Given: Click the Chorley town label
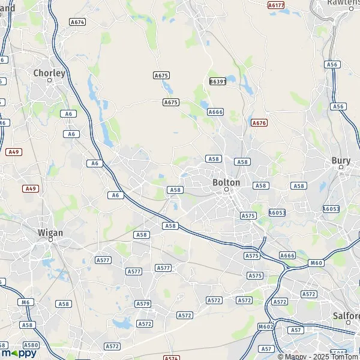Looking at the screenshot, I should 49,73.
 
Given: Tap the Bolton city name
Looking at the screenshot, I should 226,182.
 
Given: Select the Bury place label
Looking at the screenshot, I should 340,161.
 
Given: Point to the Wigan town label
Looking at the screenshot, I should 50,232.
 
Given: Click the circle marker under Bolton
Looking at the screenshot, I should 227,190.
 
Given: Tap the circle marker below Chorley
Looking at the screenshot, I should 50,80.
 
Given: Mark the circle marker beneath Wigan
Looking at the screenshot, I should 51,239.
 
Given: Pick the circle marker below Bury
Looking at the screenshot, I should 341,168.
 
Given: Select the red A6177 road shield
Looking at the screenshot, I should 276,5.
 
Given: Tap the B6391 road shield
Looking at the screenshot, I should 218,81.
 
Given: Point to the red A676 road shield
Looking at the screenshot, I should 259,123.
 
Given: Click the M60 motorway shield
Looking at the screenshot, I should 316,263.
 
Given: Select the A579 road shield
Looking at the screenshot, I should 143,304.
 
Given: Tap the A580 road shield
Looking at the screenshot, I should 31,345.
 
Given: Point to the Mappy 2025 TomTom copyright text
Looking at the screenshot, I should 316,356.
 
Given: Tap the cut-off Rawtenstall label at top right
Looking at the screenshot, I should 343,3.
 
